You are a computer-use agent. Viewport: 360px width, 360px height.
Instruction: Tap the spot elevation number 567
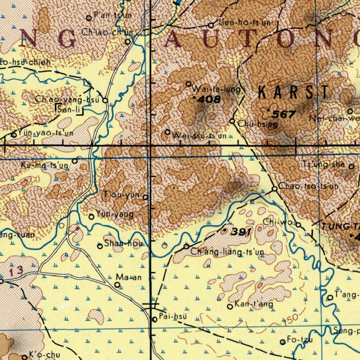[x=283, y=114]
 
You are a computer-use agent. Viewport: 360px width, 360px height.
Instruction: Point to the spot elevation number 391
[x=241, y=232]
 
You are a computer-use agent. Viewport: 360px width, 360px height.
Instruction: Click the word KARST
[x=294, y=93]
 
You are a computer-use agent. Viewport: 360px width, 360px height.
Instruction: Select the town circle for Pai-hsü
[x=155, y=319]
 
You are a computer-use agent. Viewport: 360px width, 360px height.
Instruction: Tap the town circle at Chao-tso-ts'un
[x=275, y=189]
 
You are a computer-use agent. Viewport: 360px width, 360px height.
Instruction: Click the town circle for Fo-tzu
[x=282, y=342]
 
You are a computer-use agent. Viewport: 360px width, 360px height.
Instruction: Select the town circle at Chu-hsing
[x=232, y=121]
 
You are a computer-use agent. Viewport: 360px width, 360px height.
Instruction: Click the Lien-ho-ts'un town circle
[x=211, y=25]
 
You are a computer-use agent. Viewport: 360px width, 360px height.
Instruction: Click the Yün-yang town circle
[x=91, y=217]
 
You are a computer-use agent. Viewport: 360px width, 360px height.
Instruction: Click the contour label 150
[x=291, y=319]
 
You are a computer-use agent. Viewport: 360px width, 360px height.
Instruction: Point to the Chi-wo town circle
[x=298, y=225]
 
